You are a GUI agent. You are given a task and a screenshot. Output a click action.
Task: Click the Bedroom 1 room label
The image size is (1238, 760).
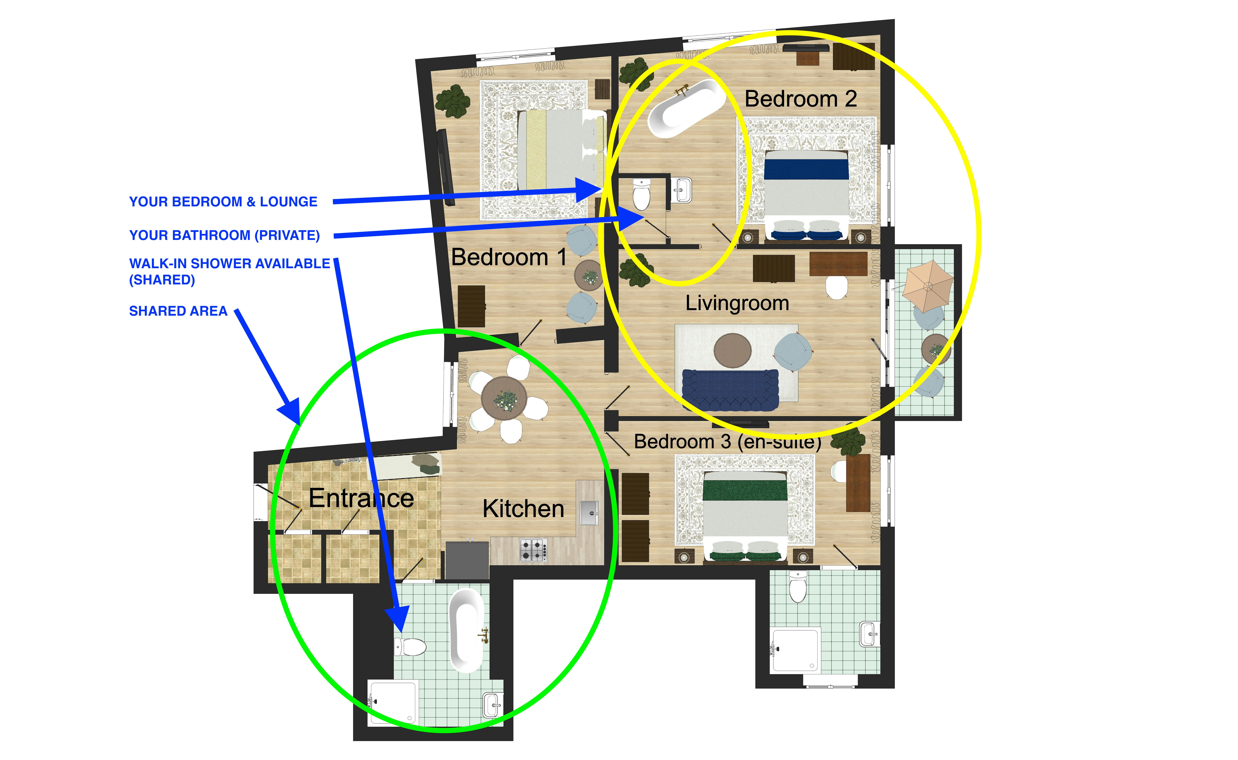coord(509,257)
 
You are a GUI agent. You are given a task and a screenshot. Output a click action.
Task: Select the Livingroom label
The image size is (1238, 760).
coord(737,303)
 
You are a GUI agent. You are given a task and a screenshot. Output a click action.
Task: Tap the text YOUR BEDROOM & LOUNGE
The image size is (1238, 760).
coord(223,202)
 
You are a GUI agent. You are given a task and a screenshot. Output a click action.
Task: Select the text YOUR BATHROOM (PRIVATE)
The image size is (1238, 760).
coord(224,235)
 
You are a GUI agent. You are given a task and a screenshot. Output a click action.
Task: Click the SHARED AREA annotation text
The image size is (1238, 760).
coord(178,311)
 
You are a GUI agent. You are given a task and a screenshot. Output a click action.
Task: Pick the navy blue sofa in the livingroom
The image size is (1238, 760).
coord(730,390)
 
